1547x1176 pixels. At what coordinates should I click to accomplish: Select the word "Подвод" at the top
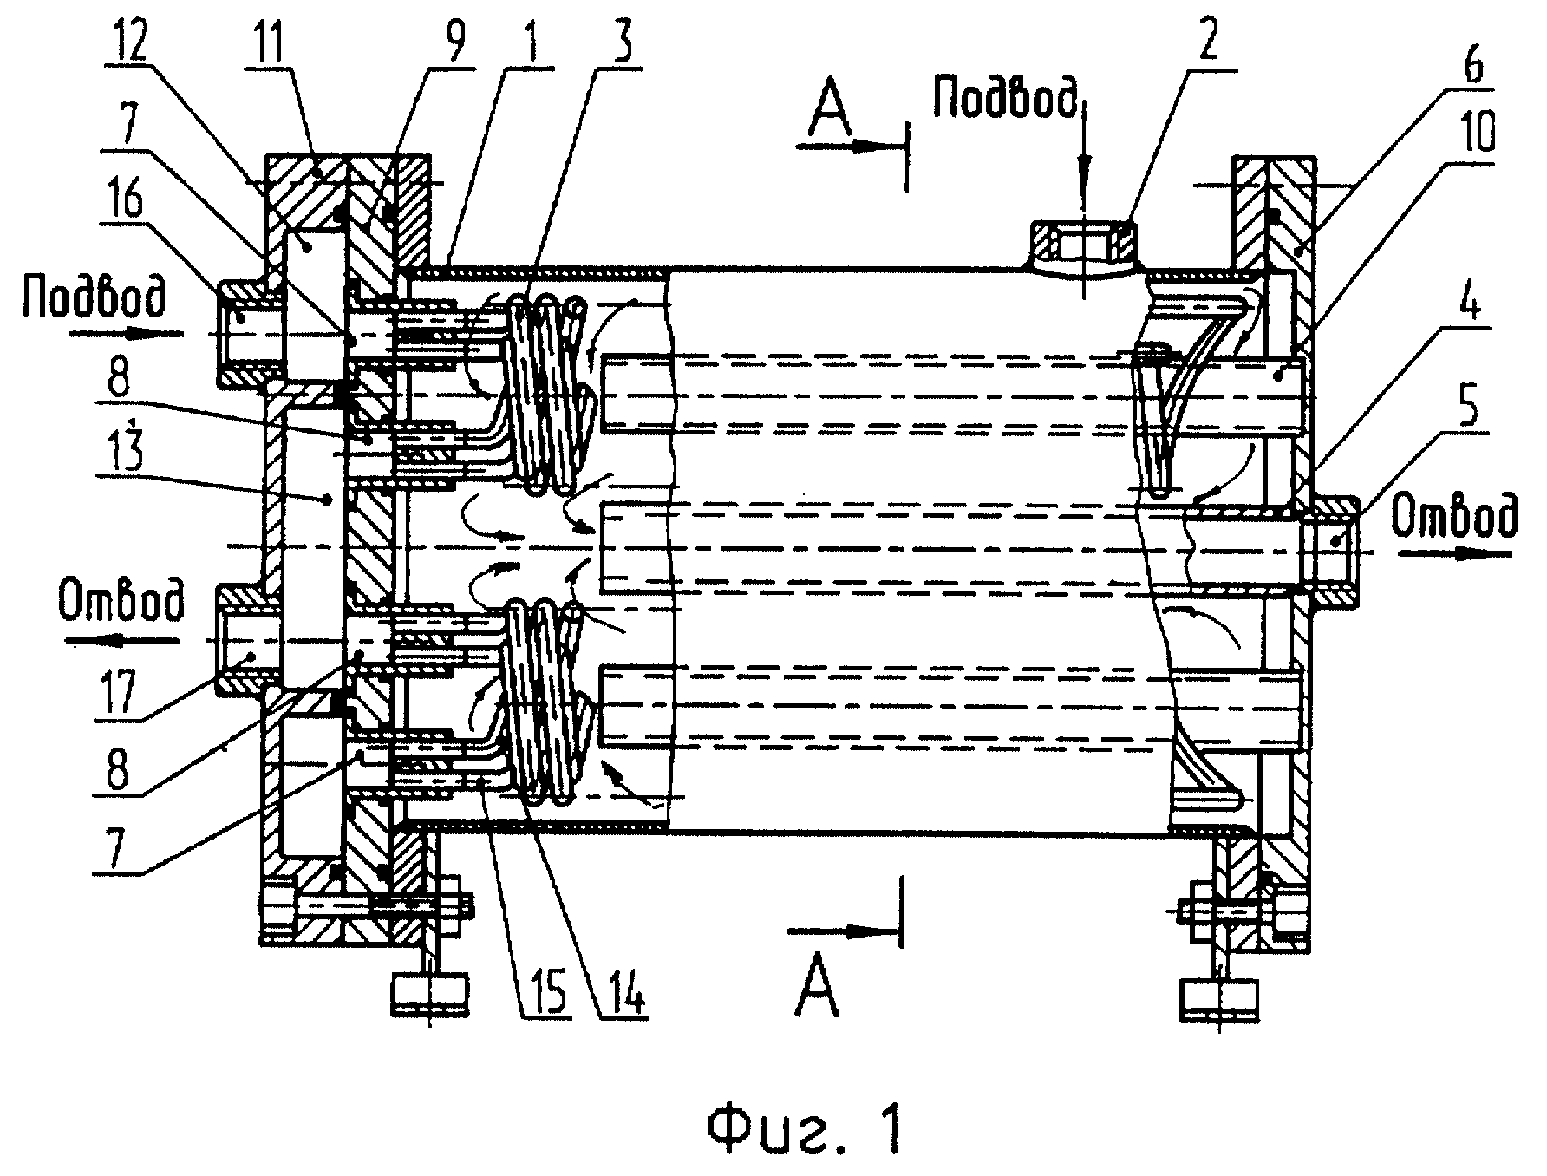pos(1007,91)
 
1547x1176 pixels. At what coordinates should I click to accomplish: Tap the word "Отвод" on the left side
pos(121,603)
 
